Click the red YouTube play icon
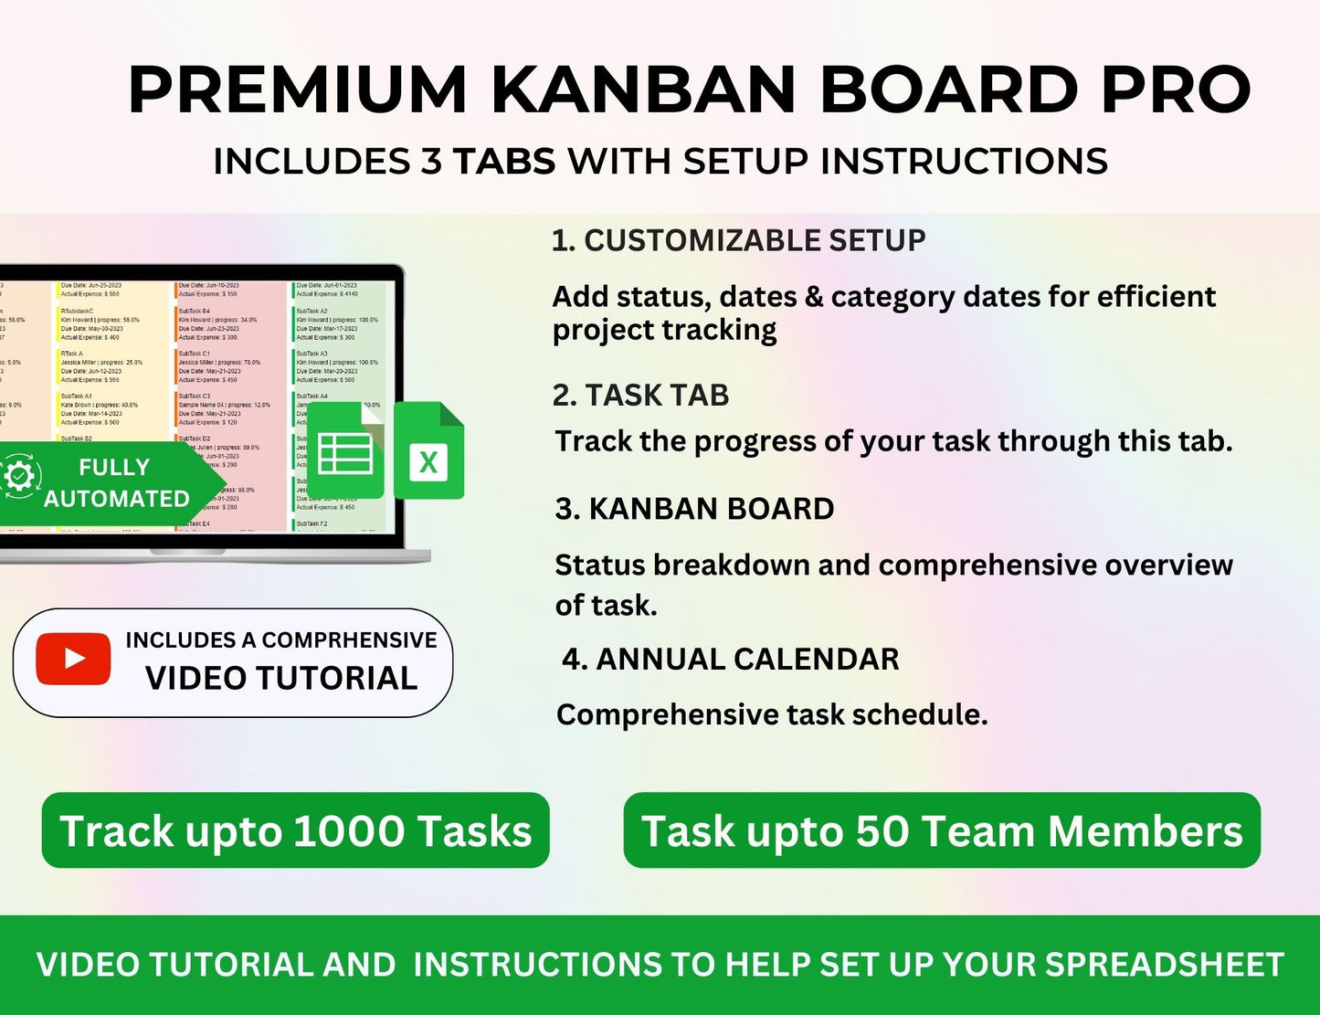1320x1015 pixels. (73, 659)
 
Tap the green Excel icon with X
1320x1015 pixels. (428, 452)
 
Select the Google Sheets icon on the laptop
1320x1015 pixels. (345, 451)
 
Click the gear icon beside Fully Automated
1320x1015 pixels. (18, 477)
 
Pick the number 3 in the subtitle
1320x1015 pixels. (431, 162)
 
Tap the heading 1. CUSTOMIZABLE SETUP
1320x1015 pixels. (738, 240)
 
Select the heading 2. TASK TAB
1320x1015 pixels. (640, 395)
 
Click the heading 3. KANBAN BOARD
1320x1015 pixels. (694, 509)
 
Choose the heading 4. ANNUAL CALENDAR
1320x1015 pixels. (730, 659)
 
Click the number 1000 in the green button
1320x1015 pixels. (349, 831)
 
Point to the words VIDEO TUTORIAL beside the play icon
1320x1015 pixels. (281, 678)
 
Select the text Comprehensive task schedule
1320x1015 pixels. (772, 714)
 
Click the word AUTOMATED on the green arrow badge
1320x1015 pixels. (116, 499)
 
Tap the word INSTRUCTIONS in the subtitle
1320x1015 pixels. (964, 162)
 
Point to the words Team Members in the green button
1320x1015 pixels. (1082, 831)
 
